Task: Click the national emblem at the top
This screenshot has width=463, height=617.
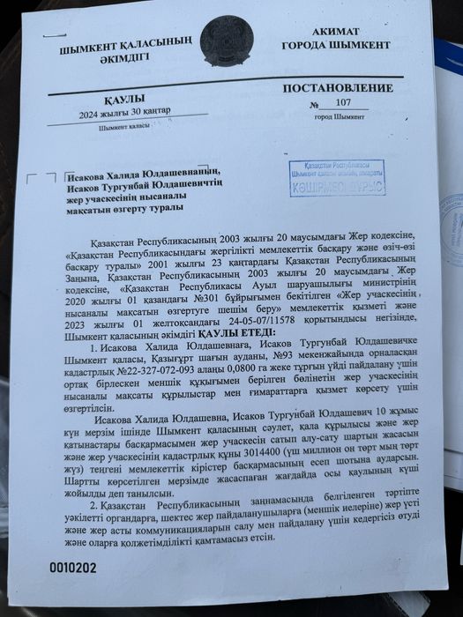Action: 226,41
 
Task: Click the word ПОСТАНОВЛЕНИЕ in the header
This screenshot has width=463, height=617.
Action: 338,89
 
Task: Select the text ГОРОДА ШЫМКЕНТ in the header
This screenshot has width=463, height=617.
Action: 336,45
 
